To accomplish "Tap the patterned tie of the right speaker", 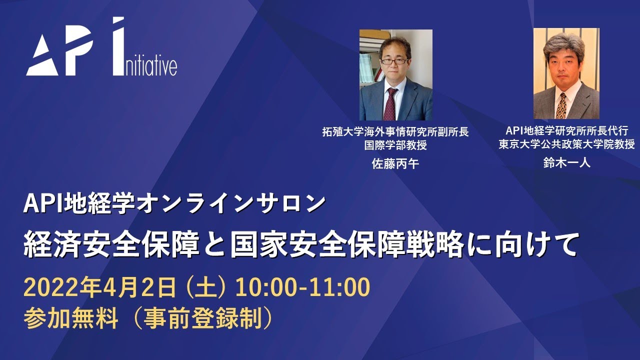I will [x=561, y=105].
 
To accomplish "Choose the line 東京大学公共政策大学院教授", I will [x=566, y=144].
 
